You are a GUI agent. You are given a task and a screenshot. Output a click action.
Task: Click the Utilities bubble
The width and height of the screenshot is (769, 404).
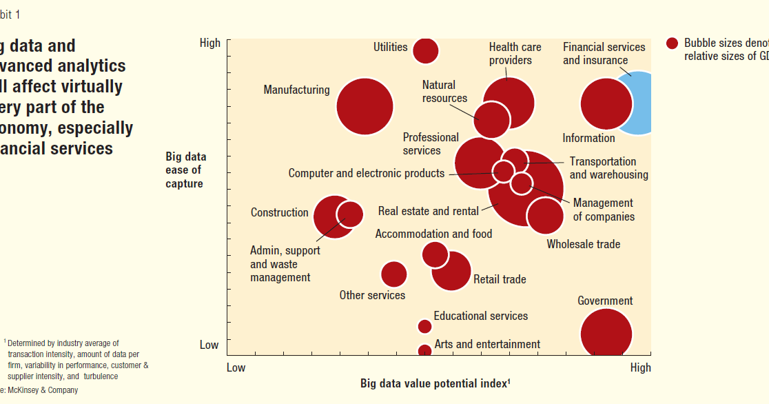pos(425,50)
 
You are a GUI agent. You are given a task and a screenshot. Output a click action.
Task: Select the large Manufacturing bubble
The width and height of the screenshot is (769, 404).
pos(365,107)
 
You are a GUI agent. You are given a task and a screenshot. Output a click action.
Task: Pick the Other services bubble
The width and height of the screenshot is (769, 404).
pos(393,274)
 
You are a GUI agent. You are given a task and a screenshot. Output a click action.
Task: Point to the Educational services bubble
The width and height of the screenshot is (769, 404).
pos(424,327)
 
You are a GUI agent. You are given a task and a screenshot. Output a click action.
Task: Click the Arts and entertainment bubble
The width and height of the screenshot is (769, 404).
pos(425,351)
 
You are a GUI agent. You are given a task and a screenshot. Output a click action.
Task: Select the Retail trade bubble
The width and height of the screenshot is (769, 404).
pos(452,271)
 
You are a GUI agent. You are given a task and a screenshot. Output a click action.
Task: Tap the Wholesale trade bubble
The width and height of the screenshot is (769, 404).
pos(545,216)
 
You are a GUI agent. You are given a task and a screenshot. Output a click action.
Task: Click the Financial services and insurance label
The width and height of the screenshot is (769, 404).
pos(604,54)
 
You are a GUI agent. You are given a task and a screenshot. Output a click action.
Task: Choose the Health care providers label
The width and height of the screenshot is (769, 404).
pos(515,54)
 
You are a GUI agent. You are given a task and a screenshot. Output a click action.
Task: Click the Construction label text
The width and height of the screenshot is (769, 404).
pos(279,212)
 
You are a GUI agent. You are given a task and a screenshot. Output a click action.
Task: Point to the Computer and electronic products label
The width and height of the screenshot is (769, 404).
pos(366,173)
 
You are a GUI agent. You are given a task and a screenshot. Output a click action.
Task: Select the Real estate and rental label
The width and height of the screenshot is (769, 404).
pos(428,211)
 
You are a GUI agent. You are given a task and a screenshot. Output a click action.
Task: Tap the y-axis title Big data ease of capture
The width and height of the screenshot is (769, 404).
pos(185,170)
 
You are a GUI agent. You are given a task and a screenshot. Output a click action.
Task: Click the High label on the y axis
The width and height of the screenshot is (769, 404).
pos(209,43)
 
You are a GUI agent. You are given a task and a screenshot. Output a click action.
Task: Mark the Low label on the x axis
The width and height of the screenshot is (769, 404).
pos(236,367)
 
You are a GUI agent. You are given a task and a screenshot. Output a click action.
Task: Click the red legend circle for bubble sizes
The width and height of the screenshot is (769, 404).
pos(673,43)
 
